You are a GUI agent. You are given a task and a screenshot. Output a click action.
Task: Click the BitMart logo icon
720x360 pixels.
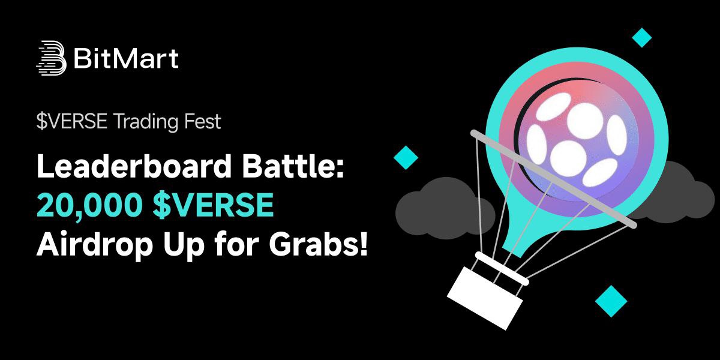[51, 58]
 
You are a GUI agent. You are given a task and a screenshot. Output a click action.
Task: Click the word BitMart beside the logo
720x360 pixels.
[125, 59]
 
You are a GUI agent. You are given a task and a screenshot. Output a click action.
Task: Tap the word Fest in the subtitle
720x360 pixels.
[203, 122]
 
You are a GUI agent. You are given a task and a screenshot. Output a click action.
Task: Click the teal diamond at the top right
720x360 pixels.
[642, 38]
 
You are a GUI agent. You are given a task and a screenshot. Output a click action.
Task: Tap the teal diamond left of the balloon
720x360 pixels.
[406, 157]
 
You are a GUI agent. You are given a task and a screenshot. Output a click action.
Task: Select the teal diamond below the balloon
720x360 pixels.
[611, 300]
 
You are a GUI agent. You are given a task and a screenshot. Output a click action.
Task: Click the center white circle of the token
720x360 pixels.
[568, 155]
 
